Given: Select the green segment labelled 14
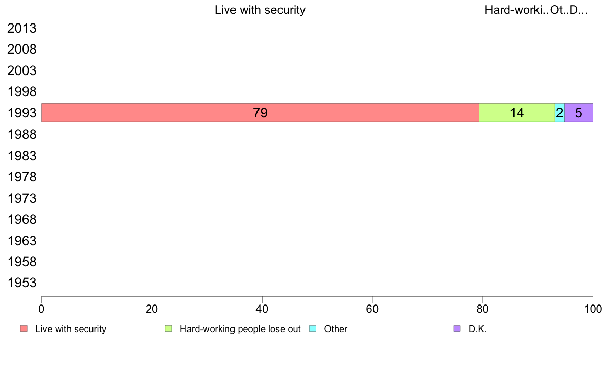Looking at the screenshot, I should point(517,112).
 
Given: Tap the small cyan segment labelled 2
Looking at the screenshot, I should point(559,112).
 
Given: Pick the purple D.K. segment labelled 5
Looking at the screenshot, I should point(578,112).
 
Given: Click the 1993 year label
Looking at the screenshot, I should point(22,113).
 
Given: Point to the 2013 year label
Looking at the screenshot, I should point(22,29).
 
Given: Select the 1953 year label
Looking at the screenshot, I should point(22,283).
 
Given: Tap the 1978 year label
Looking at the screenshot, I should point(22,177).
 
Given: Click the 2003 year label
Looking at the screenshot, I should point(22,71).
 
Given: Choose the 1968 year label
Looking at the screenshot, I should point(22,220).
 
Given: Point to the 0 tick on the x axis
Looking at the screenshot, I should point(41,309).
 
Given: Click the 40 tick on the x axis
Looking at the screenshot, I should point(262,309).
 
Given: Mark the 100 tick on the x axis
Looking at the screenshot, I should point(593,309).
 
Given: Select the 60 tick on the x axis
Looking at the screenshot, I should point(372,309).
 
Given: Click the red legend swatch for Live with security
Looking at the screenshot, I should point(24,328).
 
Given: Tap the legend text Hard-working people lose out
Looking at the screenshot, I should point(240,329).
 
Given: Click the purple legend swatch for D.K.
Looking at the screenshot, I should point(457,328).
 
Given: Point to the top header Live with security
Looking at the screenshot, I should point(260,10).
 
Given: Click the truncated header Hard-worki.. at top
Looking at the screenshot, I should point(516,10).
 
